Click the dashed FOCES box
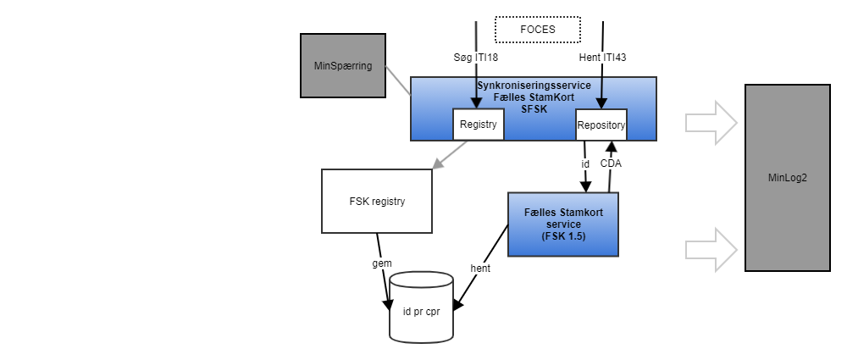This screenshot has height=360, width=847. [537, 30]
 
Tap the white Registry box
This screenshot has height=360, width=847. [479, 125]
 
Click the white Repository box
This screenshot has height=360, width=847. [601, 125]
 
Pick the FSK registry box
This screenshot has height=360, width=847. [377, 201]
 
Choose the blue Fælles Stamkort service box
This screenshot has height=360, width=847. [562, 224]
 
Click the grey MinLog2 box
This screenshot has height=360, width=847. [787, 178]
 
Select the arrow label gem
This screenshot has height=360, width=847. [383, 263]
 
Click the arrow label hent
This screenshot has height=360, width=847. [481, 268]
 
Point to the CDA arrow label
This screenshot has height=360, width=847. [611, 163]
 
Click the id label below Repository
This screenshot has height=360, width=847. [584, 163]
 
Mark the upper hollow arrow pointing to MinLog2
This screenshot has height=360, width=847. [711, 123]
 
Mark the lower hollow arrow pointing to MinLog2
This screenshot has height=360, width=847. [711, 249]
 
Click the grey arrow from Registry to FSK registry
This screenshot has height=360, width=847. [450, 154]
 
